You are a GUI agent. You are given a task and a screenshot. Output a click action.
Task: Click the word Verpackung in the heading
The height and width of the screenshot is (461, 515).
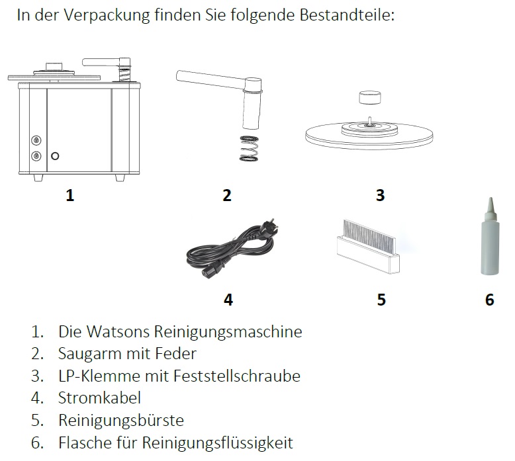tap(107, 15)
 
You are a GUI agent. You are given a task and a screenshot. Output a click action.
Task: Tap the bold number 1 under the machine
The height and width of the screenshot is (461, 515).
tap(70, 195)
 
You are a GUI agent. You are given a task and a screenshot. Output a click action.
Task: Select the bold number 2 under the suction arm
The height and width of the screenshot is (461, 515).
tap(227, 195)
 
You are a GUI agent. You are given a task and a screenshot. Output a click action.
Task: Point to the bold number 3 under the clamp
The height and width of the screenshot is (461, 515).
tap(381, 195)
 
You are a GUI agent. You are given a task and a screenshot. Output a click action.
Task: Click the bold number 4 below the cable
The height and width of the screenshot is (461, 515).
tap(228, 300)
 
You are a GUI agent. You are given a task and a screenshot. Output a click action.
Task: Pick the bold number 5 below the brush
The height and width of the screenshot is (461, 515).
tap(381, 300)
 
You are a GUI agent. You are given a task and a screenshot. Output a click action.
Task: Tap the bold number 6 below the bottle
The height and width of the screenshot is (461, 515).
tap(489, 300)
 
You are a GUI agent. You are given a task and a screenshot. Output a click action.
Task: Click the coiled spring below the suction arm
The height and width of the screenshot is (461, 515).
tap(249, 149)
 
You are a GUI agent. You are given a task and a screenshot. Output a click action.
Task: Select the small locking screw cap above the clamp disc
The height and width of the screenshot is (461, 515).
tap(370, 98)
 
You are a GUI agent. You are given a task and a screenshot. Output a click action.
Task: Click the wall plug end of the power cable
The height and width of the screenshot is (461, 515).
tap(269, 225)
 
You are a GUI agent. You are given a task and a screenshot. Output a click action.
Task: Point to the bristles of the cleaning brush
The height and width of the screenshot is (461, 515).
tap(369, 235)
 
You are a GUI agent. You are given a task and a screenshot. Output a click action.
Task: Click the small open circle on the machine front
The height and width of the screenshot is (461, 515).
tap(55, 156)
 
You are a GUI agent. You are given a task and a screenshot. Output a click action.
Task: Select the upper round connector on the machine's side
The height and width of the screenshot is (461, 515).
tap(36, 140)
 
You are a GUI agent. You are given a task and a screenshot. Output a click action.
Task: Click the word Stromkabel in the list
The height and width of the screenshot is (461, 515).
tap(99, 398)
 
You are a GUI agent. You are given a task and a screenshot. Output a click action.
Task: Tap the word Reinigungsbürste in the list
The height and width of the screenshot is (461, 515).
tap(121, 420)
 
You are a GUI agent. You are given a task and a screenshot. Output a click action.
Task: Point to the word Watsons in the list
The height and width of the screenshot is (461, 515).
tap(118, 331)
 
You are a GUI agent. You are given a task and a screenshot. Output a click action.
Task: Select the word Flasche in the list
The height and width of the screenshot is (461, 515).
tap(85, 442)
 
